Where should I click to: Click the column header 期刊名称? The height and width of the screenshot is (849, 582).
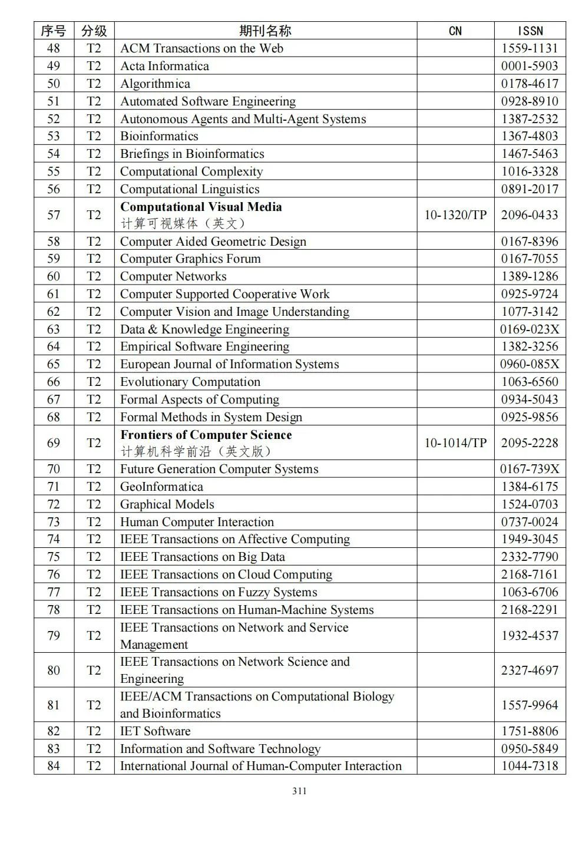[265, 31]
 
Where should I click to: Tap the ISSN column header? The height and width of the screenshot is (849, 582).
[530, 31]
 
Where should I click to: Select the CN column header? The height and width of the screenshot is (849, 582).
[455, 31]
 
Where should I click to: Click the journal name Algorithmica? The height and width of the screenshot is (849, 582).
[155, 84]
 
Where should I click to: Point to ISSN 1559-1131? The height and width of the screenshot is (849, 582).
[530, 48]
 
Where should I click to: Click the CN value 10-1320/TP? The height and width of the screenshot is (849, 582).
[455, 215]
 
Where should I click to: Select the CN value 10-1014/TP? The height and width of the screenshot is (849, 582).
[455, 443]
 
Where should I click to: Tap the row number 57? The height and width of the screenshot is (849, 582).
[54, 215]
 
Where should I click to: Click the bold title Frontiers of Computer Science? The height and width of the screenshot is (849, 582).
[206, 435]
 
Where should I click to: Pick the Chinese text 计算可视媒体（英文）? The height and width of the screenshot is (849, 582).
[183, 223]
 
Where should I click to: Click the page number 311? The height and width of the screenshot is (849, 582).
[299, 791]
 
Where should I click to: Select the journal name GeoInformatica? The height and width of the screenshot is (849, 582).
[161, 487]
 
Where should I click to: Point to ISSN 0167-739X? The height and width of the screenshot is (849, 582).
[530, 469]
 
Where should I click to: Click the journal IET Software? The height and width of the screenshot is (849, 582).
[156, 731]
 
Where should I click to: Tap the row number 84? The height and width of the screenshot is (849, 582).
[54, 766]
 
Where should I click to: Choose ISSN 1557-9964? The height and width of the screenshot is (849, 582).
[530, 705]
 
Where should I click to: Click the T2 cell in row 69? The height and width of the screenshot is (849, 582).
[94, 443]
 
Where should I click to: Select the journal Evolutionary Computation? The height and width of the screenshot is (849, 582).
[190, 382]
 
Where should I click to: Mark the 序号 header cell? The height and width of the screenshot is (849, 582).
[54, 31]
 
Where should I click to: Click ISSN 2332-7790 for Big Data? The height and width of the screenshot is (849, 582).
[530, 557]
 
